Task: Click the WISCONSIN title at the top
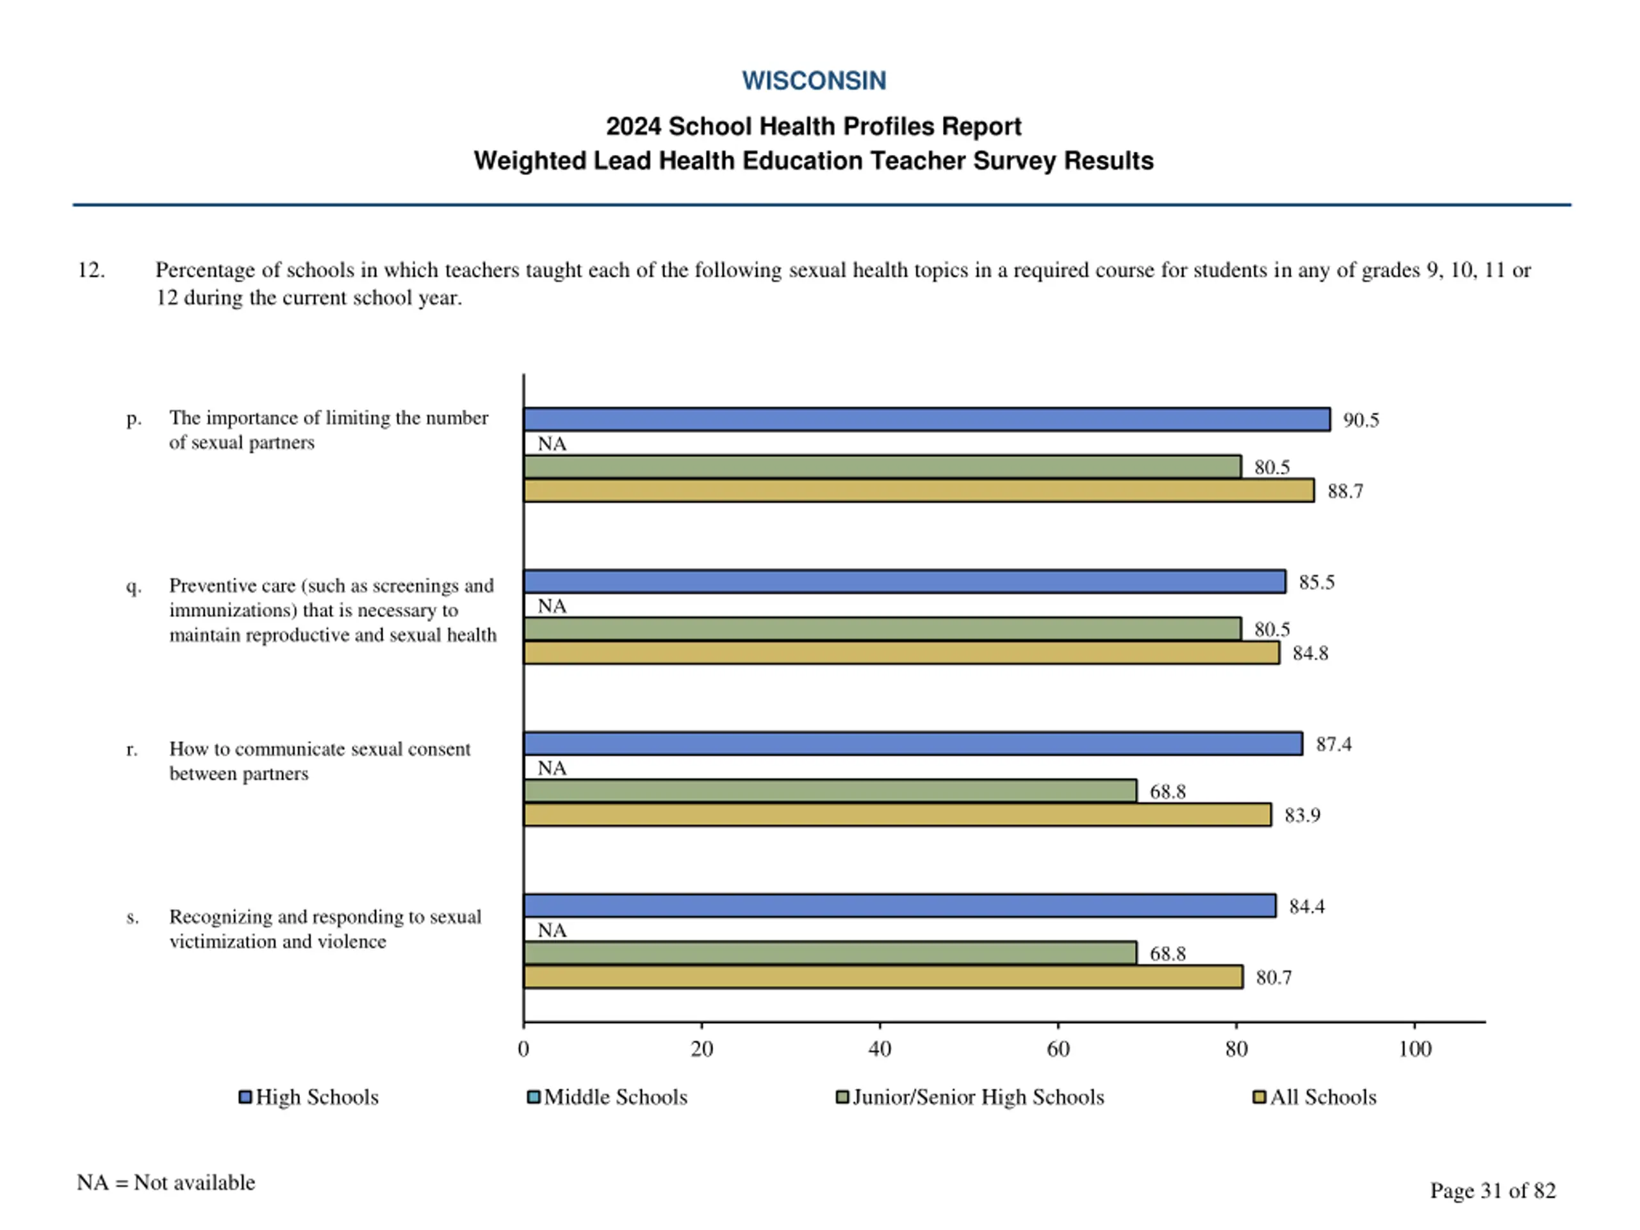point(814,81)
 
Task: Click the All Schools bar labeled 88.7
point(918,491)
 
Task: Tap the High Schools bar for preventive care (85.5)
point(904,582)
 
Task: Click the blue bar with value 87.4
point(912,744)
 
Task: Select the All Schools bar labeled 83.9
point(896,815)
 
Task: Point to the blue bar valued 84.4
point(899,906)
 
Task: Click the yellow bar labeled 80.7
point(882,977)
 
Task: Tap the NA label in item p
point(552,444)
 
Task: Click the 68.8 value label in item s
point(1167,953)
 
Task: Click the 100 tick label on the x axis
point(1414,1048)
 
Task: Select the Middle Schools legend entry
point(607,1097)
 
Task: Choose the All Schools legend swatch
point(1259,1097)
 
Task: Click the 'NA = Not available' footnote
point(165,1183)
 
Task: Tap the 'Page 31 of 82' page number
point(1492,1190)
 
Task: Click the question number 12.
point(90,270)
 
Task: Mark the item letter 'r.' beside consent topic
point(132,750)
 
